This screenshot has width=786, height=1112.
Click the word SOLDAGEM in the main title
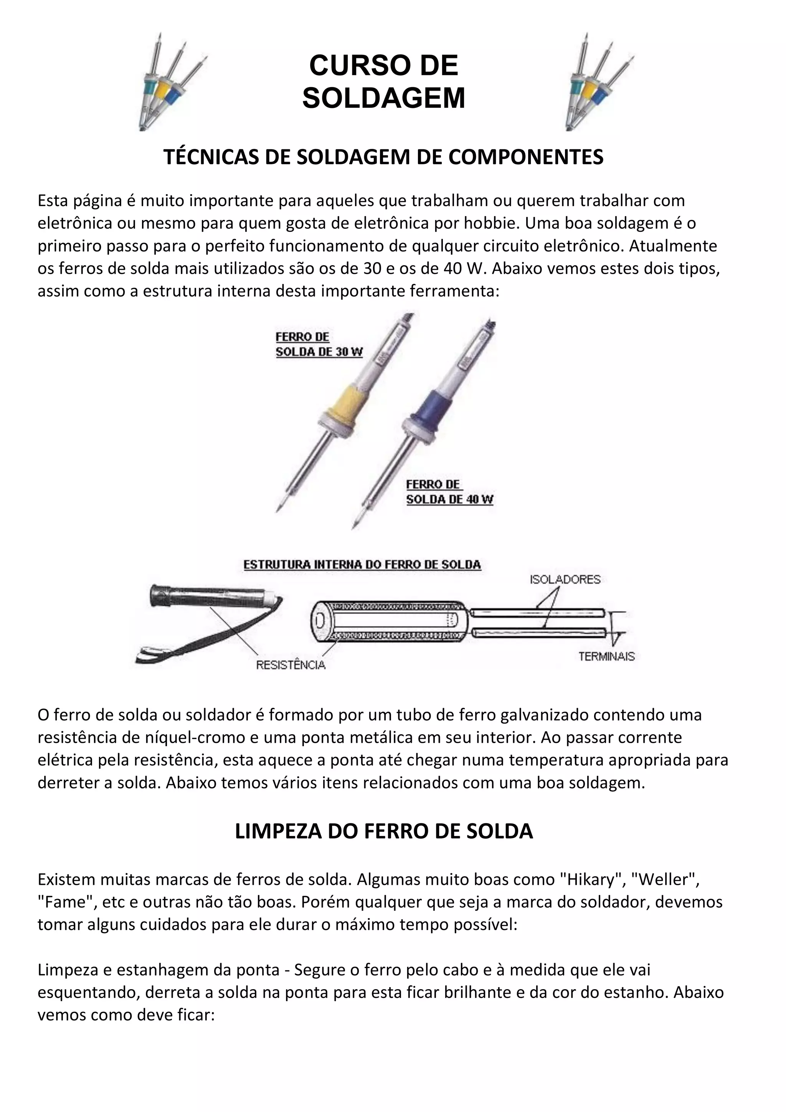pos(383,98)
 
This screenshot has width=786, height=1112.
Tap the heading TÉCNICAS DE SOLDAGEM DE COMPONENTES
pos(383,157)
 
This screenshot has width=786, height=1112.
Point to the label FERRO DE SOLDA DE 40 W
pos(449,492)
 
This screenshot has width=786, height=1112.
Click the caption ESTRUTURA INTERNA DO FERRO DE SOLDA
pos(362,565)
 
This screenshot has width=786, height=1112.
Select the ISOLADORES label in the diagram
pos(565,579)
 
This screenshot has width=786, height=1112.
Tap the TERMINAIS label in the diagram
pos(606,656)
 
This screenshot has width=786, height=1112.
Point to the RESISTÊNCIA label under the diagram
pos(291,665)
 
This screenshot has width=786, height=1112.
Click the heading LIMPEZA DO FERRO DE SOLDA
pos(383,831)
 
